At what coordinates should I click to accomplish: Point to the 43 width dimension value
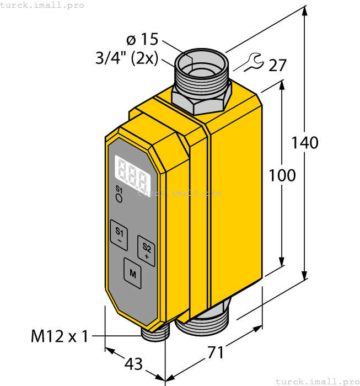[133, 364]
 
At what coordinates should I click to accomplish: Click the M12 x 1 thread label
[59, 336]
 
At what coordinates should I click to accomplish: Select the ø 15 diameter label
[142, 40]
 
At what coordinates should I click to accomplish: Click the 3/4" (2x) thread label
[127, 58]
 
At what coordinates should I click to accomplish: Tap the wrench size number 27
[278, 66]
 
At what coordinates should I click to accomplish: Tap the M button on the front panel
[132, 272]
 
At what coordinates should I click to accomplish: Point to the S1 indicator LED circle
[119, 199]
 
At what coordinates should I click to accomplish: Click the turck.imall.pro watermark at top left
[42, 5]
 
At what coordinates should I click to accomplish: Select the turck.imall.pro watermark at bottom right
[316, 381]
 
